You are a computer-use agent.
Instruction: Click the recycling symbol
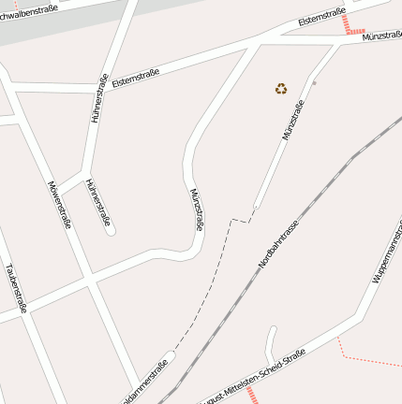pyautogui.click(x=281, y=89)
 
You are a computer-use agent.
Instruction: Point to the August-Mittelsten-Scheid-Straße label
pyautogui.click(x=253, y=378)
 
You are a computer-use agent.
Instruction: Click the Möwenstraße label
pyautogui.click(x=59, y=203)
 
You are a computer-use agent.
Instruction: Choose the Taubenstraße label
pyautogui.click(x=16, y=287)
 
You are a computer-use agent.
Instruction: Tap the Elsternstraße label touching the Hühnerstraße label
pyautogui.click(x=135, y=79)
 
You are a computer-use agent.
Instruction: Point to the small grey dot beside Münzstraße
pyautogui.click(x=315, y=83)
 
